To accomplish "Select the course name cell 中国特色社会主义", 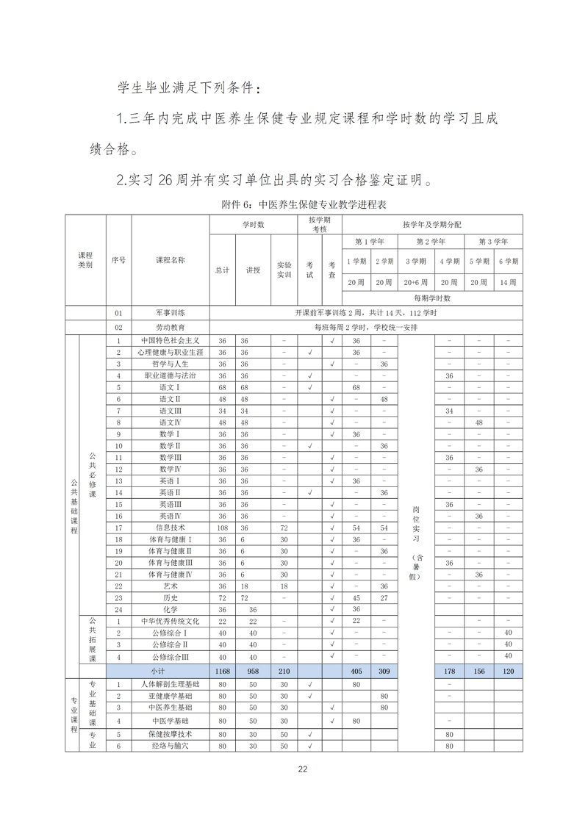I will point(170,341).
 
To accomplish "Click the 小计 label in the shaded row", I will point(157,672).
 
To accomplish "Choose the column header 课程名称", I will point(170,260).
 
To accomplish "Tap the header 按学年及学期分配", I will point(432,224).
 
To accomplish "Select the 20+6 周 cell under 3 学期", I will point(416,282).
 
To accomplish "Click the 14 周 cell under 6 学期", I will point(508,282).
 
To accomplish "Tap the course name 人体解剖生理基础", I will point(170,684).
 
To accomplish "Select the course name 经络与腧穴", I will point(170,746).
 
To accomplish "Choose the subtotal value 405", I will point(356,672).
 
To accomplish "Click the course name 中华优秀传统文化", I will point(170,621).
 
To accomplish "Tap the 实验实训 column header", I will point(284,270).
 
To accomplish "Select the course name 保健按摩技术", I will point(170,734).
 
